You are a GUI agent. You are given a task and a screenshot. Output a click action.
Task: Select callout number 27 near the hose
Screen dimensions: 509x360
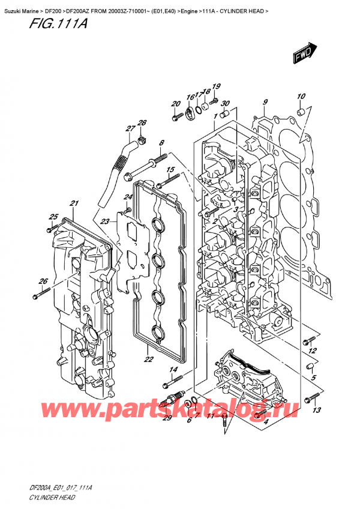[130, 128]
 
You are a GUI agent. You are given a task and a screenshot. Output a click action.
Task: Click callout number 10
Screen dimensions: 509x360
[301, 97]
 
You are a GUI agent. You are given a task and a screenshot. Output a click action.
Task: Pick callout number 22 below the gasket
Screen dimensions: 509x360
[149, 360]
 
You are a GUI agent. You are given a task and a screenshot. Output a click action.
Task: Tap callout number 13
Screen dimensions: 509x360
[317, 410]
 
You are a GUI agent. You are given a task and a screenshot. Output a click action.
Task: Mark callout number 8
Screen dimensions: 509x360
[161, 142]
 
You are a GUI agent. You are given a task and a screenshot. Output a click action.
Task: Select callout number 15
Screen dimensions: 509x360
[170, 170]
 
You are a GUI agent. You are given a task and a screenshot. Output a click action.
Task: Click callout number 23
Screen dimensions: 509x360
[105, 221]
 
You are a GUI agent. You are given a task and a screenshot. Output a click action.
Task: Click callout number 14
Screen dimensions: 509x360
[173, 369]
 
